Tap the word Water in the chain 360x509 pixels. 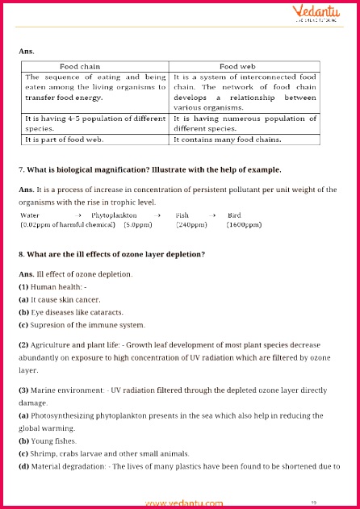pyautogui.click(x=30, y=216)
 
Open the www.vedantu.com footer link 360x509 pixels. pyautogui.click(x=185, y=503)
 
